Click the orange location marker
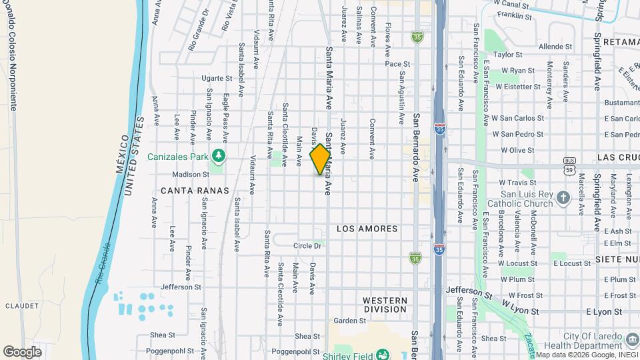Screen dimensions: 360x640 (320, 159)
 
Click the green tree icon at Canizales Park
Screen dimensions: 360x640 (217, 155)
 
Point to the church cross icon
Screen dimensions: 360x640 (563, 197)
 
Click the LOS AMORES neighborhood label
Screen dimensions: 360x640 (367, 229)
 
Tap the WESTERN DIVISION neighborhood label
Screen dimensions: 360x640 (385, 305)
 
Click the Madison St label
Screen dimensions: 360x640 (191, 175)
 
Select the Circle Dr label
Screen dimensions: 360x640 (308, 246)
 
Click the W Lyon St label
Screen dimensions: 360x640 (519, 303)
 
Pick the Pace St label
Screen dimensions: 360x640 (397, 64)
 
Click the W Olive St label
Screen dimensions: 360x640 (518, 151)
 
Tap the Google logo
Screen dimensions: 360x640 (22, 351)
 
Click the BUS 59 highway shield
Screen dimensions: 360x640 (569, 170)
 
